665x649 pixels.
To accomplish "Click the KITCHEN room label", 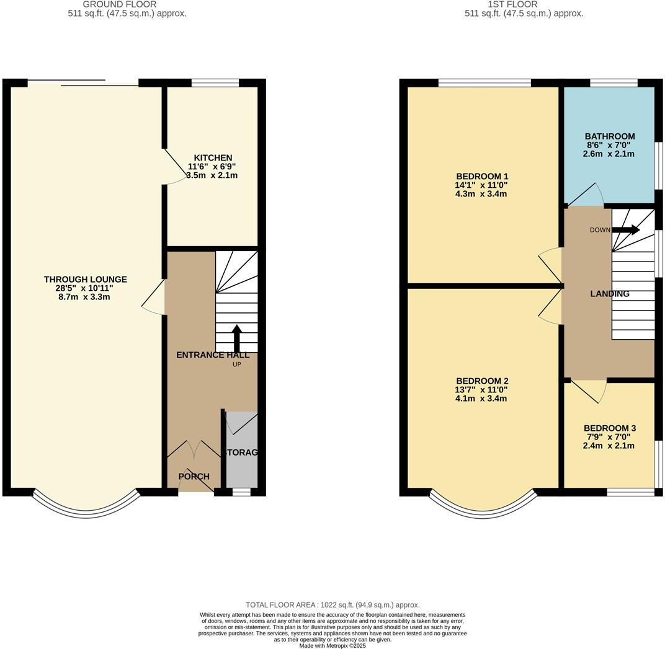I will point(212,158).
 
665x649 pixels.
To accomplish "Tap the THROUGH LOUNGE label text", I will point(85,280).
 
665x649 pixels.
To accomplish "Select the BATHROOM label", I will point(609,136).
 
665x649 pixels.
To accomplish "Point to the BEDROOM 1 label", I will point(481,177).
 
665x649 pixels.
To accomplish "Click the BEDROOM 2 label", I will point(481,381).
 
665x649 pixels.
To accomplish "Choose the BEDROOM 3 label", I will point(609,428).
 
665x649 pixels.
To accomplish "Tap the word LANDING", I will point(610,294).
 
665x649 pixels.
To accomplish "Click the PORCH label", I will point(194,477).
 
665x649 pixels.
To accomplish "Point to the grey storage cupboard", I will point(241,459).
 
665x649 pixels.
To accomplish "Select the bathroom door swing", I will point(587,194).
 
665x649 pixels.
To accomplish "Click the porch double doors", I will point(194,449).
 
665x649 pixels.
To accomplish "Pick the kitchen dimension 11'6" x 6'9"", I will point(212,167).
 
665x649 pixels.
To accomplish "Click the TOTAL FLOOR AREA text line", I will point(332,605).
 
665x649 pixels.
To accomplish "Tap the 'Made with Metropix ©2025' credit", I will point(332,645).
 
